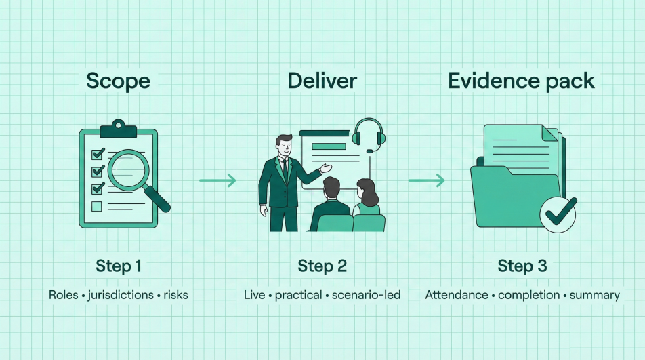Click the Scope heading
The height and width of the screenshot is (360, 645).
pos(118,81)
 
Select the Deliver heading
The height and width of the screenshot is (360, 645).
pos(322,81)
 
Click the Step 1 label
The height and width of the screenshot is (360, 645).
pos(119,266)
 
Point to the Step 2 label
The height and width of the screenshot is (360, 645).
pos(322,266)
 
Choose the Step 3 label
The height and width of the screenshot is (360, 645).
pos(522,266)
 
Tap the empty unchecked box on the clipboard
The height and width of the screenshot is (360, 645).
pos(97,206)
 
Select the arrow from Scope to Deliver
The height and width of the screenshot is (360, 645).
pos(217,180)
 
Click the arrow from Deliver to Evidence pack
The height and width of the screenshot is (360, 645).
pos(426,180)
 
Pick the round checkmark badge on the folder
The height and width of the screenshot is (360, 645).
pos(559,214)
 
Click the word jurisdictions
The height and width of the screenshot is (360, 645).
pos(119,295)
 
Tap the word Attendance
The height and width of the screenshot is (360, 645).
pos(456,295)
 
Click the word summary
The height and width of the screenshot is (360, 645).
pos(594,295)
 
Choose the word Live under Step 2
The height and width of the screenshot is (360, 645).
pos(255,295)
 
